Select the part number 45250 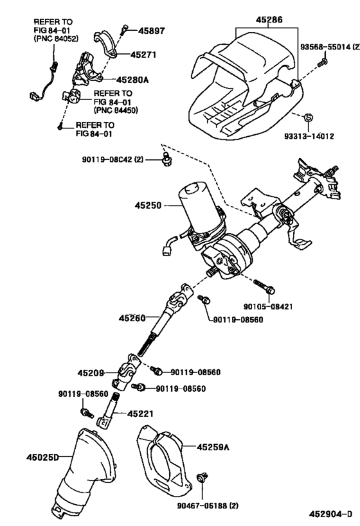click(x=148, y=207)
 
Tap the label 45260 click(x=133, y=318)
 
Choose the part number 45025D click(x=42, y=457)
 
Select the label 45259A click(x=212, y=446)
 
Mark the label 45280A click(x=133, y=80)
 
